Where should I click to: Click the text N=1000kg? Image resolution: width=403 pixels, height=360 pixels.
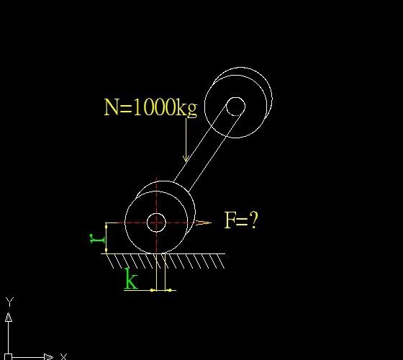tap(150, 107)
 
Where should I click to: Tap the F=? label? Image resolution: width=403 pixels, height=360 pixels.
tap(240, 220)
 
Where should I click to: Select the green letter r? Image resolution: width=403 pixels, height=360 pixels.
tap(97, 238)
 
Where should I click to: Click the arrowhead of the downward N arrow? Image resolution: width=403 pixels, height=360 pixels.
tap(186, 158)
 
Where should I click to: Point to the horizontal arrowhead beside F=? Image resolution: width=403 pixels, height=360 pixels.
tap(203, 222)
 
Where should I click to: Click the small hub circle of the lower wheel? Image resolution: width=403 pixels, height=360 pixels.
tap(156, 222)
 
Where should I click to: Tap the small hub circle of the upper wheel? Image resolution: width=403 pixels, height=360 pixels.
tap(236, 107)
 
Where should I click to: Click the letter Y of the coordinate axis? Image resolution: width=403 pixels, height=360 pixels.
tap(10, 302)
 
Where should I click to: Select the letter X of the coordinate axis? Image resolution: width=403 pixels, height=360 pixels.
tap(63, 356)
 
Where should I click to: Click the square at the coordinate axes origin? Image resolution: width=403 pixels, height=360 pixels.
tap(8, 357)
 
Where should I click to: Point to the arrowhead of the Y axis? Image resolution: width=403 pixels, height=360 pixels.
tap(9, 317)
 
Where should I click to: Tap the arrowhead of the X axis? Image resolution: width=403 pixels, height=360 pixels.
tap(49, 357)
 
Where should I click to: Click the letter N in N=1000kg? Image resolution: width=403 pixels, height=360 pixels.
tap(112, 107)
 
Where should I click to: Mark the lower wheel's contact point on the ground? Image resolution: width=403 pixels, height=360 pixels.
tap(157, 253)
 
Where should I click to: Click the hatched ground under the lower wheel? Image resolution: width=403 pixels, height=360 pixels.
tap(165, 261)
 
